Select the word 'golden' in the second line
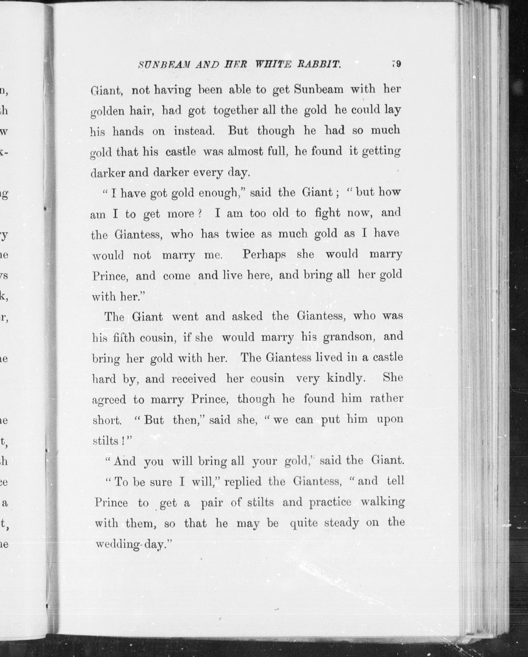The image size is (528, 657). (x=107, y=112)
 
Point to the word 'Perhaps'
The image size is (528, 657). (x=264, y=255)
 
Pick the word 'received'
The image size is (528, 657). (x=194, y=379)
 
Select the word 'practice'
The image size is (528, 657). (x=330, y=502)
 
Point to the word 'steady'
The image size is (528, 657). (x=341, y=523)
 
